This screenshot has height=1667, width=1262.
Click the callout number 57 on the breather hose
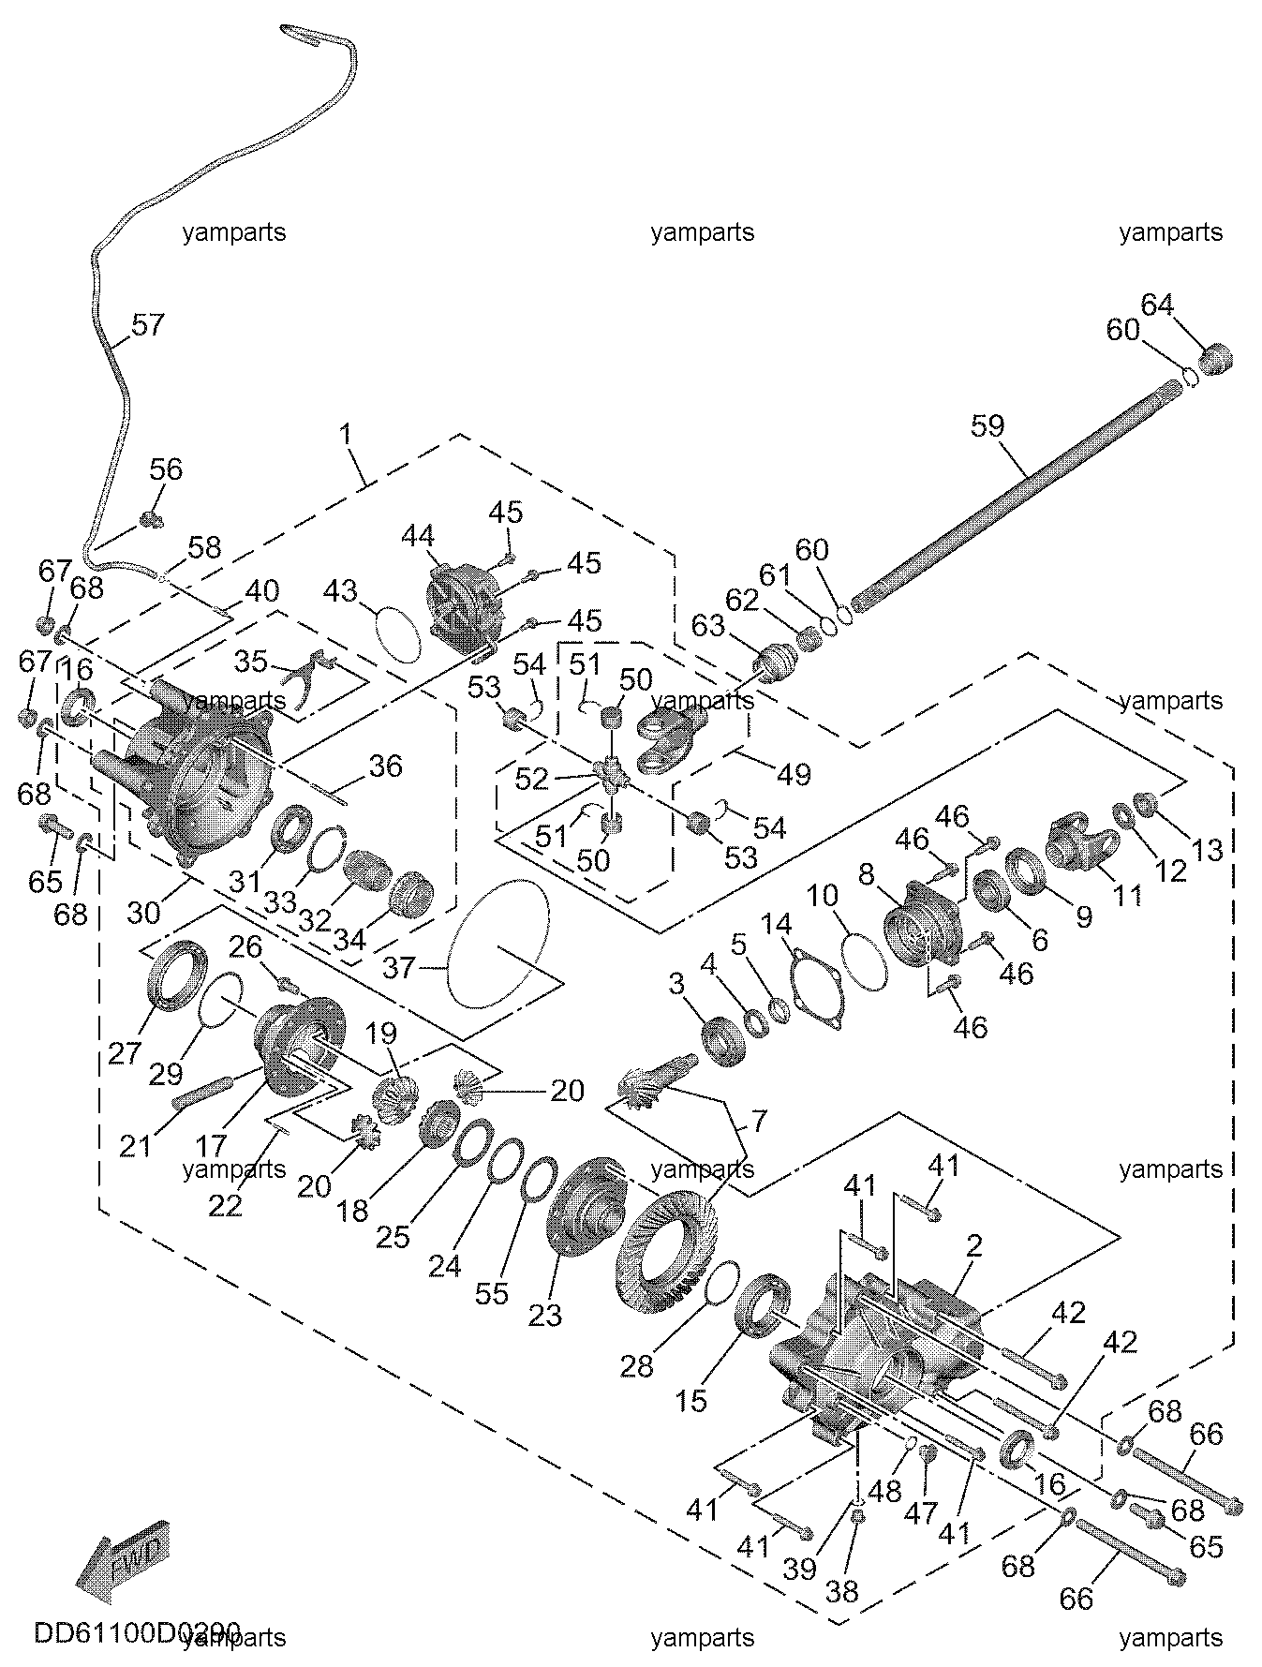coord(148,325)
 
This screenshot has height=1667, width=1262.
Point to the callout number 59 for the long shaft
coord(987,426)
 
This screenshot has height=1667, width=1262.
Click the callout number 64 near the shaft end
coord(1157,305)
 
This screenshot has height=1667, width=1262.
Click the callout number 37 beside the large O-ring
coord(399,967)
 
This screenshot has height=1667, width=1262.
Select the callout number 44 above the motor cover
coord(418,536)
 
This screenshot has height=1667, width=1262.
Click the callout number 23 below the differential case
coord(545,1315)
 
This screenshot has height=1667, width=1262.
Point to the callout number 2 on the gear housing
coord(974,1246)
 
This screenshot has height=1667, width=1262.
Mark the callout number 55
coord(491,1293)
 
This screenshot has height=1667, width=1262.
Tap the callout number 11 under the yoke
coord(1126,895)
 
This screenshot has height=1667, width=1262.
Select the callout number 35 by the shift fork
coord(250,662)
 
